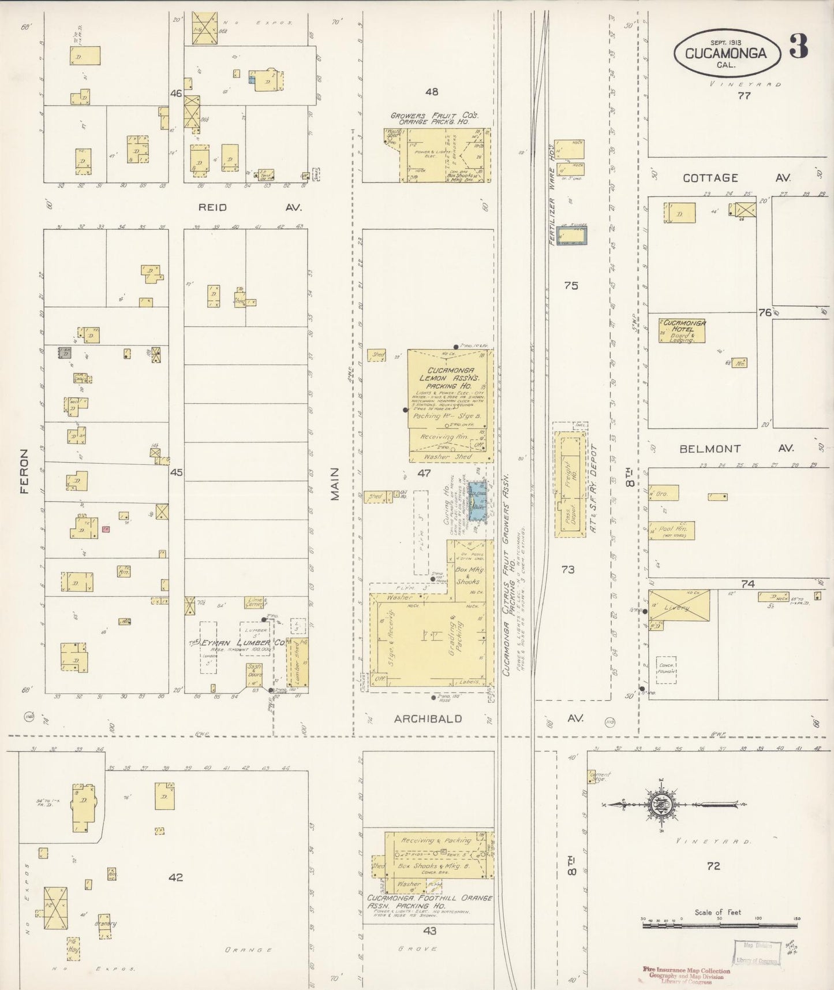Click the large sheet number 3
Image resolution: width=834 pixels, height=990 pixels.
798,47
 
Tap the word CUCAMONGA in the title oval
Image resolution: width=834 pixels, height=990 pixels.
726,54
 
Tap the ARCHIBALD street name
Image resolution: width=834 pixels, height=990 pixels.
428,719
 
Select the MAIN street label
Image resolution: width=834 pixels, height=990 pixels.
335,484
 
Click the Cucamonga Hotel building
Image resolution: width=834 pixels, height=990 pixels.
682,331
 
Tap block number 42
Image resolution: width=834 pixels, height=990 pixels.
175,877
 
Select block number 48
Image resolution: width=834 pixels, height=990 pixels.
431,91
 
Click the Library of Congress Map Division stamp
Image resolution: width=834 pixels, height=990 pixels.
756,952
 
